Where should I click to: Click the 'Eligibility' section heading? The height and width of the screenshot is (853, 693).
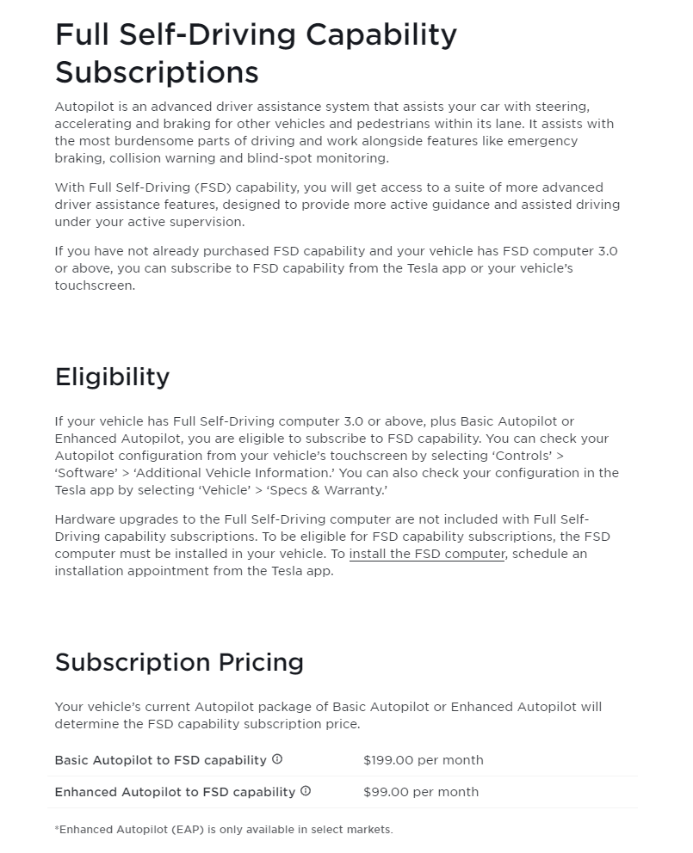(112, 377)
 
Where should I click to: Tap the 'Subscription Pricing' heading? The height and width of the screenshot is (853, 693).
(179, 662)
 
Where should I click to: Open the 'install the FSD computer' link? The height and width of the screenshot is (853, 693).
(426, 554)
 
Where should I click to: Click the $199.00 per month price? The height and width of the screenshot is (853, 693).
(423, 760)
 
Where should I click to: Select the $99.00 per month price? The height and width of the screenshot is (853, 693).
(420, 792)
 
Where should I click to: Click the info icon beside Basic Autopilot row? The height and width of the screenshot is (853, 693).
(277, 759)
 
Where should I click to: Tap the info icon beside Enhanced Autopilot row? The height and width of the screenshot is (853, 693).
(306, 791)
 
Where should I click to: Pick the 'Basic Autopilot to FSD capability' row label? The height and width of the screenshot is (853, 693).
(160, 760)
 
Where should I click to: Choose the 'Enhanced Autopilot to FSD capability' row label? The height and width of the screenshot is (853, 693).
(175, 792)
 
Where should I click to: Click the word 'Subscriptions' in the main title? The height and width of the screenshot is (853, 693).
(157, 71)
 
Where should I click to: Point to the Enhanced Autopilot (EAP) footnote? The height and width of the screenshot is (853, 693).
(223, 830)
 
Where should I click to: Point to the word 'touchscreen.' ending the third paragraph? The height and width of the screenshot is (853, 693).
(95, 285)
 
